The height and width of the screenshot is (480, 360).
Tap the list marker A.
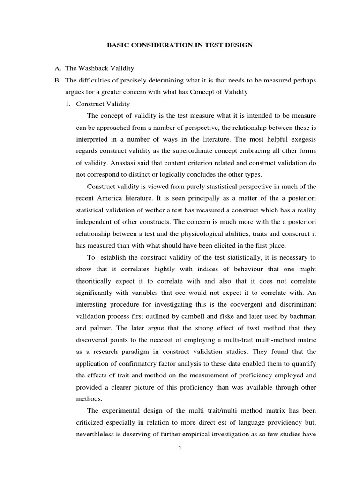[58, 69]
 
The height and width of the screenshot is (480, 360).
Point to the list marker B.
[58, 81]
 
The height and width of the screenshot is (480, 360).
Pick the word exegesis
[300, 139]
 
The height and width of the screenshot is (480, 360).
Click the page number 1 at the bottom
[180, 449]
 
